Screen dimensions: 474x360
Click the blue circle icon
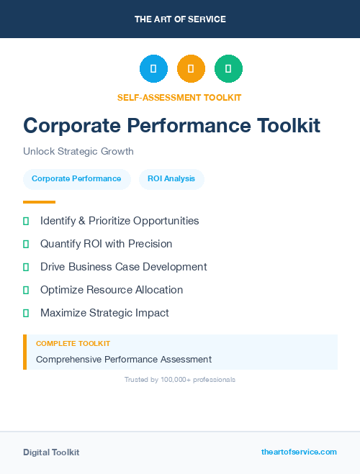pyautogui.click(x=153, y=68)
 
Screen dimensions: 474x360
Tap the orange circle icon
pyautogui.click(x=191, y=68)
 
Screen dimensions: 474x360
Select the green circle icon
pyautogui.click(x=228, y=68)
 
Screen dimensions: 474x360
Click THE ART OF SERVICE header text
pyautogui.click(x=180, y=19)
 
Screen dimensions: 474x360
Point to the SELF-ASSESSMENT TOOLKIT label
pyautogui.click(x=179, y=97)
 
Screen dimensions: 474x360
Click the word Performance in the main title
pyautogui.click(x=183, y=125)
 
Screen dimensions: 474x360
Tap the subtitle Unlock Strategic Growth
pyautogui.click(x=78, y=151)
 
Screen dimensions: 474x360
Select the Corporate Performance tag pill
pyautogui.click(x=76, y=178)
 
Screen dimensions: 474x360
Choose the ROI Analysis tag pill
pyautogui.click(x=171, y=178)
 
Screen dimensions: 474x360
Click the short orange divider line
pyautogui.click(x=39, y=202)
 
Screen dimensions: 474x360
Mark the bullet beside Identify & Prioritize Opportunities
pyautogui.click(x=26, y=221)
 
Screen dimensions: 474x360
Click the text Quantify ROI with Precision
pyautogui.click(x=106, y=244)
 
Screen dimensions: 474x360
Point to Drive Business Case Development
pyautogui.click(x=123, y=267)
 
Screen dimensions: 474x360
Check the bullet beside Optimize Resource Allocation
pyautogui.click(x=26, y=290)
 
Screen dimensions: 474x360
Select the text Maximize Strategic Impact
pyautogui.click(x=104, y=313)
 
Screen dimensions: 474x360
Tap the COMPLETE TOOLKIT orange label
pyautogui.click(x=73, y=344)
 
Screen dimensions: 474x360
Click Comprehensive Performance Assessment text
pyautogui.click(x=124, y=359)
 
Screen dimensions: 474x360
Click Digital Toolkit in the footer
pyautogui.click(x=51, y=452)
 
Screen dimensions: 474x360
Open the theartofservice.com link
pyautogui.click(x=299, y=452)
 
